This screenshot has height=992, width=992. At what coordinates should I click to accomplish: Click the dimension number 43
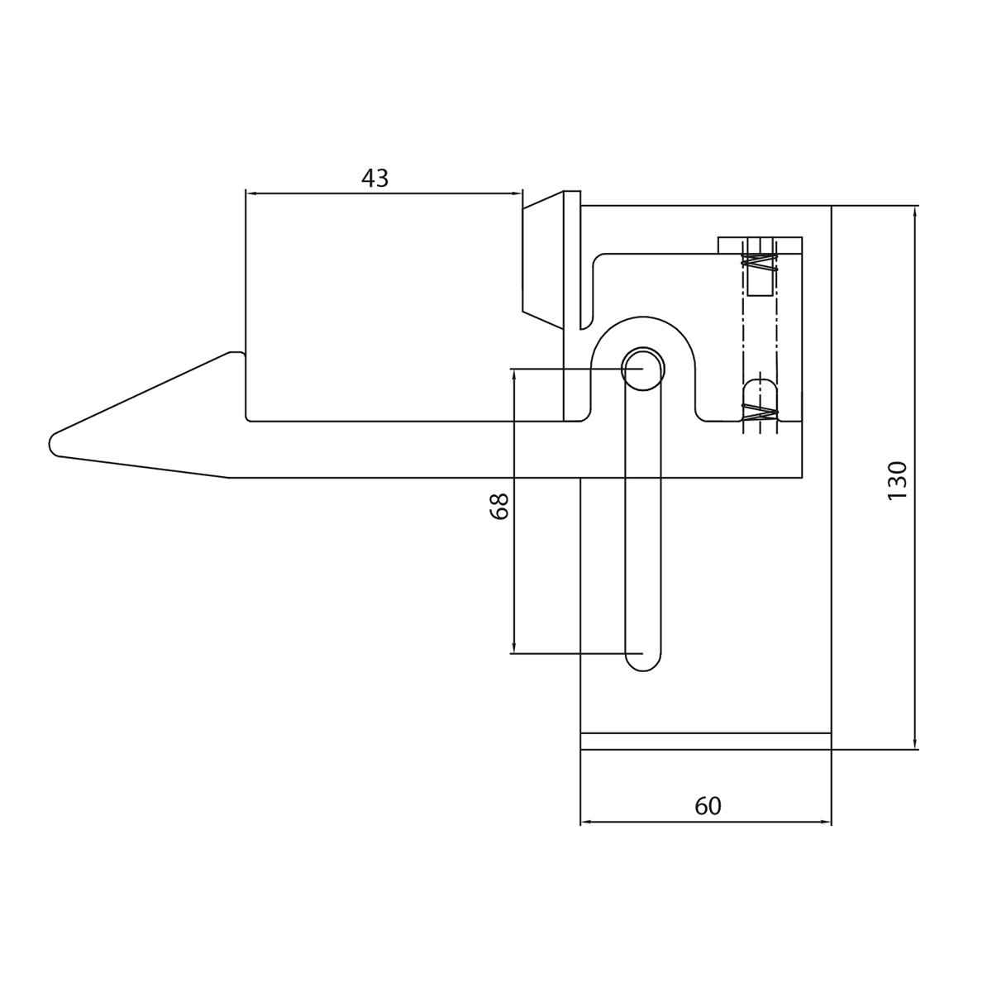point(374,178)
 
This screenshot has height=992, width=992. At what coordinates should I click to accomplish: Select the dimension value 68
point(499,506)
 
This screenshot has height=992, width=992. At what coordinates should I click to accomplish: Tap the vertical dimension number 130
point(897,480)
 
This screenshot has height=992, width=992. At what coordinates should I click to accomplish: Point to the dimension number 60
point(708,806)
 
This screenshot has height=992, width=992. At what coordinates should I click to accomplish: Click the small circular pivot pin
point(642,369)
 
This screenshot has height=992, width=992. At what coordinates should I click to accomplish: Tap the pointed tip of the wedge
point(50,443)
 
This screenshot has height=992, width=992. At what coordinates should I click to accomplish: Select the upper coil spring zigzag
point(760,263)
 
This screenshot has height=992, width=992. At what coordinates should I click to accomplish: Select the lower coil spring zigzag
point(760,412)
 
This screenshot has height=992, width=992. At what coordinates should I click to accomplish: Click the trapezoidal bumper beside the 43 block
point(543,260)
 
